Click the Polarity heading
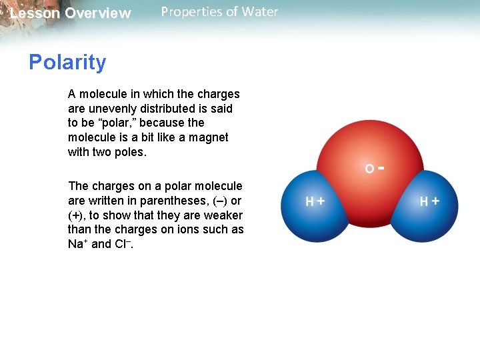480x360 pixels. point(67,63)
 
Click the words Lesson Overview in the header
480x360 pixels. point(71,13)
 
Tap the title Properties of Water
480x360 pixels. point(219,12)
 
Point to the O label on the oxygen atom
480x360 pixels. point(369,169)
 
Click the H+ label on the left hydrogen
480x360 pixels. point(315,201)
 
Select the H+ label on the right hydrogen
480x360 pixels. point(429,201)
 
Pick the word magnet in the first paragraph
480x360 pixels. point(206,137)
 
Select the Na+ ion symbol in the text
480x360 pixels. point(77,244)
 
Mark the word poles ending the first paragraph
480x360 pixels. point(131,152)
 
